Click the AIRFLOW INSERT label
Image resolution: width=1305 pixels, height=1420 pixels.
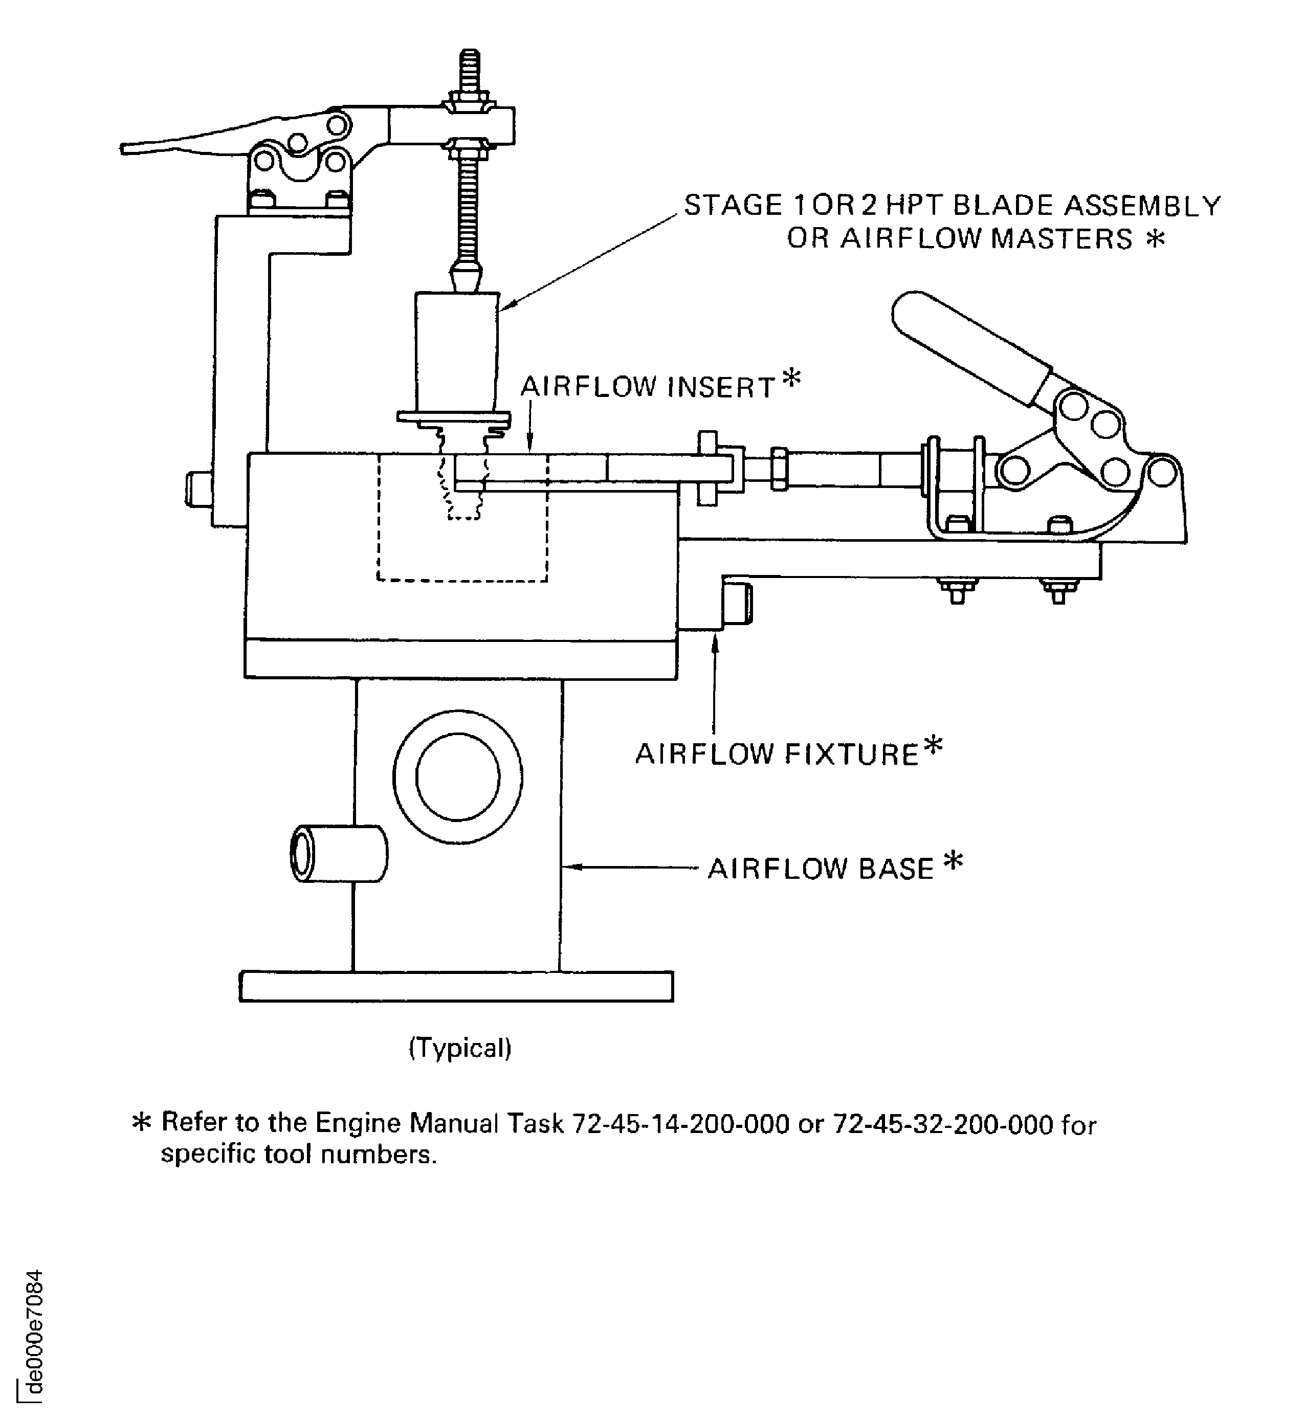tap(648, 388)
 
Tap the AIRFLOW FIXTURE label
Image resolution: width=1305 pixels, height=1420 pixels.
tap(776, 755)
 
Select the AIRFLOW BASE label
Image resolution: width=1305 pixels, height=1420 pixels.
tap(821, 869)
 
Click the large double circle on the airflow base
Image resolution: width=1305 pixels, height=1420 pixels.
tap(458, 776)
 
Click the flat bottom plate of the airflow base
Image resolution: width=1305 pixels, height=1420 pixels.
tap(456, 986)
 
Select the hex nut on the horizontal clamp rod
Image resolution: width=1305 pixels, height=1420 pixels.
tap(779, 469)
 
